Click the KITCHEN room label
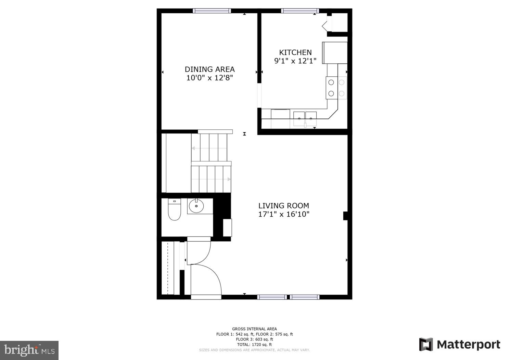click(295, 52)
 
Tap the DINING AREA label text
click(209, 69)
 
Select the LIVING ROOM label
click(283, 206)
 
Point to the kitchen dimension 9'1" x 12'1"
click(295, 61)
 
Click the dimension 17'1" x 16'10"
click(283, 215)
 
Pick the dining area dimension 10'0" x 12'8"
click(209, 78)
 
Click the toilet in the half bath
click(174, 209)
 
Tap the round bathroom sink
click(196, 206)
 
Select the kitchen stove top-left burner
click(331, 82)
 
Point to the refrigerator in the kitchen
click(335, 53)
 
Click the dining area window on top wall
click(212, 11)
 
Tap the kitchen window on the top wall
click(300, 11)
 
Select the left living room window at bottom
click(272, 297)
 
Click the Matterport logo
click(459, 344)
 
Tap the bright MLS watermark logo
click(29, 350)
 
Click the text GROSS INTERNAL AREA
click(254, 329)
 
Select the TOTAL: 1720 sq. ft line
click(254, 345)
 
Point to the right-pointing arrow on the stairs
click(229, 179)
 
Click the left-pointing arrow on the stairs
click(193, 149)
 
